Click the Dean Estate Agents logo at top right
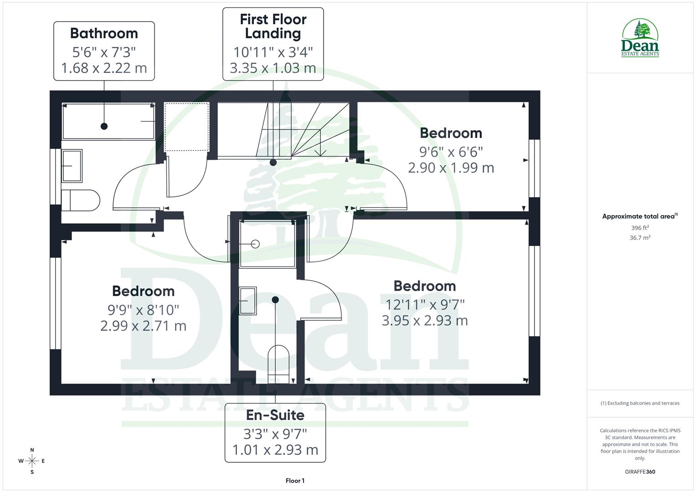click(x=640, y=38)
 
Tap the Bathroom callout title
click(x=104, y=33)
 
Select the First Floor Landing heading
click(x=273, y=26)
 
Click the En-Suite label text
click(x=275, y=415)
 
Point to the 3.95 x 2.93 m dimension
click(x=424, y=321)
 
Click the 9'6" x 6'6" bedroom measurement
click(x=451, y=151)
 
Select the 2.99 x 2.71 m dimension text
click(x=143, y=326)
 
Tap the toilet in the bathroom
click(x=80, y=200)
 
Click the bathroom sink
click(x=72, y=166)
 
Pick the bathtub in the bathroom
click(x=108, y=121)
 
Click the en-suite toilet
click(x=278, y=362)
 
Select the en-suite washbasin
click(x=247, y=301)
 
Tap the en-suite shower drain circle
click(x=255, y=244)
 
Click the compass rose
click(x=32, y=461)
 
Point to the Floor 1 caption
click(x=295, y=481)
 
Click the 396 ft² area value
click(x=640, y=228)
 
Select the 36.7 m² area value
click(x=640, y=238)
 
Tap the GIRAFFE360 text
click(x=640, y=471)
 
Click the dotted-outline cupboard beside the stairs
click(x=186, y=127)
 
